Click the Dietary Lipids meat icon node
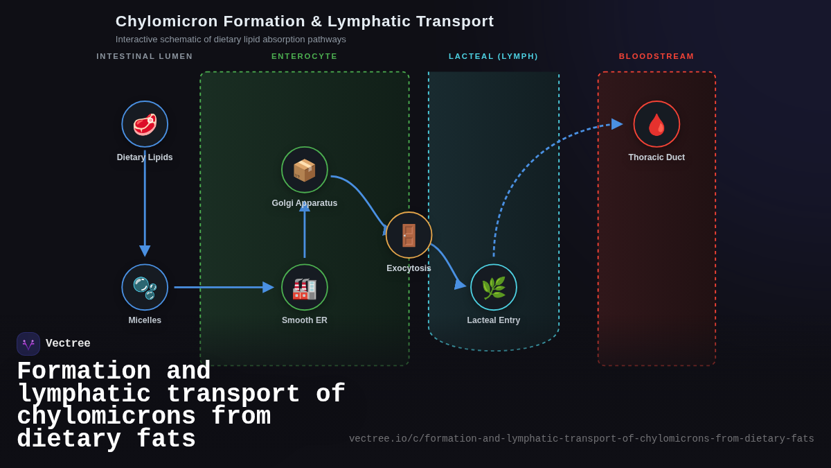(x=145, y=124)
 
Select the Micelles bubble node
(x=145, y=287)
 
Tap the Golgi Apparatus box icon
(x=305, y=170)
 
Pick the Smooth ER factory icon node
(x=305, y=287)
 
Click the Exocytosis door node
(x=409, y=235)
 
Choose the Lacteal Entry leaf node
(x=494, y=287)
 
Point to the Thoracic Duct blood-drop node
(x=656, y=124)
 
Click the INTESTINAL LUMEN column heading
(x=145, y=56)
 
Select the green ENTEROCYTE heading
(x=305, y=56)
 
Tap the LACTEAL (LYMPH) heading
(x=493, y=56)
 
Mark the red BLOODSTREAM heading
(x=656, y=56)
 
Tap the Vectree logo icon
(x=28, y=344)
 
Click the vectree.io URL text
(x=581, y=439)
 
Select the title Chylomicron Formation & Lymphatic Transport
(x=305, y=21)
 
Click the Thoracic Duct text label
(x=656, y=157)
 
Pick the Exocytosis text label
(x=409, y=268)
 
